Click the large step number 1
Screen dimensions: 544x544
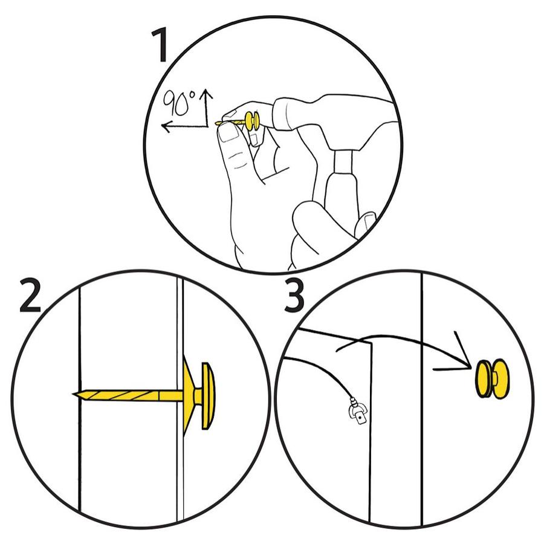coord(160,45)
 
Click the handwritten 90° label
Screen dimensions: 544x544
coord(180,102)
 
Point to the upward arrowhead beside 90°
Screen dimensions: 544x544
coord(207,94)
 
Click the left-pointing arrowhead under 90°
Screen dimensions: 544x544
coord(167,127)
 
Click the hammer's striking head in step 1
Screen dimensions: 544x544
coord(284,114)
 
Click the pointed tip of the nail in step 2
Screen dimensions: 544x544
coord(74,394)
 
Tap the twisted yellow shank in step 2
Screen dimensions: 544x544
coord(128,395)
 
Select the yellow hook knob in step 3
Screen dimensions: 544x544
coord(492,378)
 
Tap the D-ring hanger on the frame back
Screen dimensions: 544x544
coord(358,412)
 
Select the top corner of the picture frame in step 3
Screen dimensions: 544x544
coord(371,343)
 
